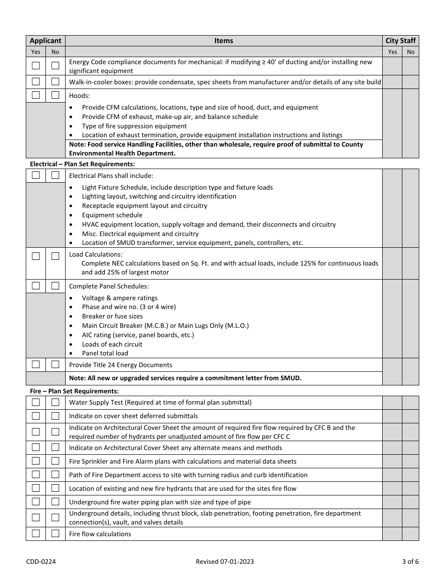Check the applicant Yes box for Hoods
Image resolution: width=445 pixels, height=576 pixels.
[36, 95]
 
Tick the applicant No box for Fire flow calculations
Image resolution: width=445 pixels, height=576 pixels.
[55, 533]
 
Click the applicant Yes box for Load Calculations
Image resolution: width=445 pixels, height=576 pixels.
[36, 256]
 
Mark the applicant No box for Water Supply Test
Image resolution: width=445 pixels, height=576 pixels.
[55, 402]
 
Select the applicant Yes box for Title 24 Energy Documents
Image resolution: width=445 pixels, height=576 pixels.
[36, 364]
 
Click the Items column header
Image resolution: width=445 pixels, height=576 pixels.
[223, 41]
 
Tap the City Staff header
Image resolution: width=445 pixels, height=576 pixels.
[400, 41]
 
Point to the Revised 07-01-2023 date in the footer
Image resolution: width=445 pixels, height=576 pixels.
[225, 561]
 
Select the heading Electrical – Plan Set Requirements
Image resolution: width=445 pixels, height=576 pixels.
[82, 164]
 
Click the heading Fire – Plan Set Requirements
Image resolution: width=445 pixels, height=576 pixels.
[74, 391]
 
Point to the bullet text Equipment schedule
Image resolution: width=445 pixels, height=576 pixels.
[112, 215]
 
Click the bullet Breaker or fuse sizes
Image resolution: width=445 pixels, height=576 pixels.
[112, 316]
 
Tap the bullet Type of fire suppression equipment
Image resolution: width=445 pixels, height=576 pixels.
[134, 126]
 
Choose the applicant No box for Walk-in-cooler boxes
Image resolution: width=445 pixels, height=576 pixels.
[55, 81]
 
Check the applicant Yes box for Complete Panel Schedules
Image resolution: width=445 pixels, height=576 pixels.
[36, 286]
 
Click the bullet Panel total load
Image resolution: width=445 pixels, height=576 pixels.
[105, 353]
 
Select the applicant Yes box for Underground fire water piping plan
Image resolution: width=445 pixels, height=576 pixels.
[36, 502]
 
